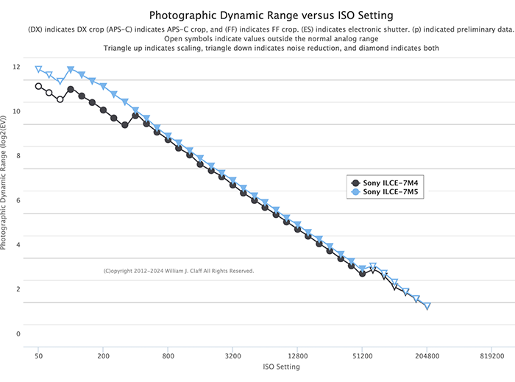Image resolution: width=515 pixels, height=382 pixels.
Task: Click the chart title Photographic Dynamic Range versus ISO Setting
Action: point(271,15)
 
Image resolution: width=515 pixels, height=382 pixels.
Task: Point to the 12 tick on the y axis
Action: point(16,67)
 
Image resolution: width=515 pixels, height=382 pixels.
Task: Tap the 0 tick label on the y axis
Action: point(18,333)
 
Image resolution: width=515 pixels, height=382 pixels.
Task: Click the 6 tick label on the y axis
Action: point(18,200)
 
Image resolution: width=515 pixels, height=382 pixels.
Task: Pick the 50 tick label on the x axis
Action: point(38,354)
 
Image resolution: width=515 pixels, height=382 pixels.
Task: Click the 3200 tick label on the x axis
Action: point(232,354)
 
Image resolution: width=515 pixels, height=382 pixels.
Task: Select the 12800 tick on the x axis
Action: point(297,354)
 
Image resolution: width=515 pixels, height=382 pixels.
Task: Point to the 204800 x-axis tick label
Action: point(427,354)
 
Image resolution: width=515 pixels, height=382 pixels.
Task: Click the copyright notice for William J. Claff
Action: point(179,271)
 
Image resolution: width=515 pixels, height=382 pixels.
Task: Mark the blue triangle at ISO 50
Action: point(38,70)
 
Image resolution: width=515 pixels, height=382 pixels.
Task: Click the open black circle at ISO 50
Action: point(38,86)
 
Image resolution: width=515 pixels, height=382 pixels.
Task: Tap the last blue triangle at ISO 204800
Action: point(427,306)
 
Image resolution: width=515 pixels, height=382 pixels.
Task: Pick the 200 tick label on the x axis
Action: point(103,354)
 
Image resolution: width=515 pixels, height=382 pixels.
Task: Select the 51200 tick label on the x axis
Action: point(362,354)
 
